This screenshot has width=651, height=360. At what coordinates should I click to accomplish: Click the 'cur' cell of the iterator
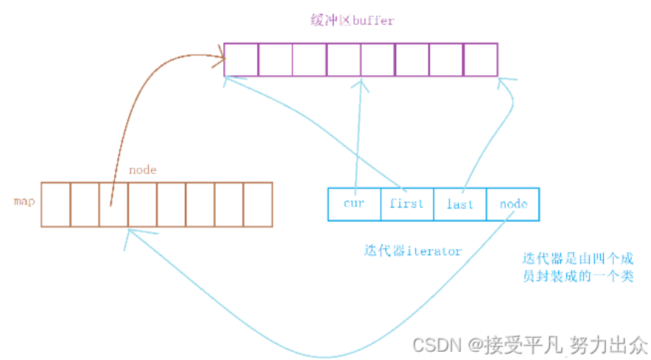pos(354,204)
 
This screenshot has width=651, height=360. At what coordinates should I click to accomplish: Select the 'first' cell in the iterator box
pos(407,204)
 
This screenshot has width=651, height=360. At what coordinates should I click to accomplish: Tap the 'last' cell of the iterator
pos(460,204)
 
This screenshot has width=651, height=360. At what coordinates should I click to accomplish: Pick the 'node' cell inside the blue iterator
pos(513,204)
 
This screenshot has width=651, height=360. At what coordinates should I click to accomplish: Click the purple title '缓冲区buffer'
pos(352,20)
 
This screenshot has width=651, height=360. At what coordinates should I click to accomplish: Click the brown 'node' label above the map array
pos(142,170)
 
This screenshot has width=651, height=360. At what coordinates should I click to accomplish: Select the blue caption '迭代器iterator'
pos(412,251)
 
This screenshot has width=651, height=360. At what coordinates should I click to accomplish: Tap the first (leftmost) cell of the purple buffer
pos(241,59)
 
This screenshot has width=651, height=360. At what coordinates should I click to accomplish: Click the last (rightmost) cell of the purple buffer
pos(481,59)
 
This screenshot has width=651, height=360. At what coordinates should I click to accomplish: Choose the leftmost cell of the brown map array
pos(55,204)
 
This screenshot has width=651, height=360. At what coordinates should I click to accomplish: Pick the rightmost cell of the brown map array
pos(258,204)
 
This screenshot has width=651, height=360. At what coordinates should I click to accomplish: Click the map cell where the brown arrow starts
pos(113,204)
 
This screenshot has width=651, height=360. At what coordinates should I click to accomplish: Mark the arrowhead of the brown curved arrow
pos(220,54)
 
